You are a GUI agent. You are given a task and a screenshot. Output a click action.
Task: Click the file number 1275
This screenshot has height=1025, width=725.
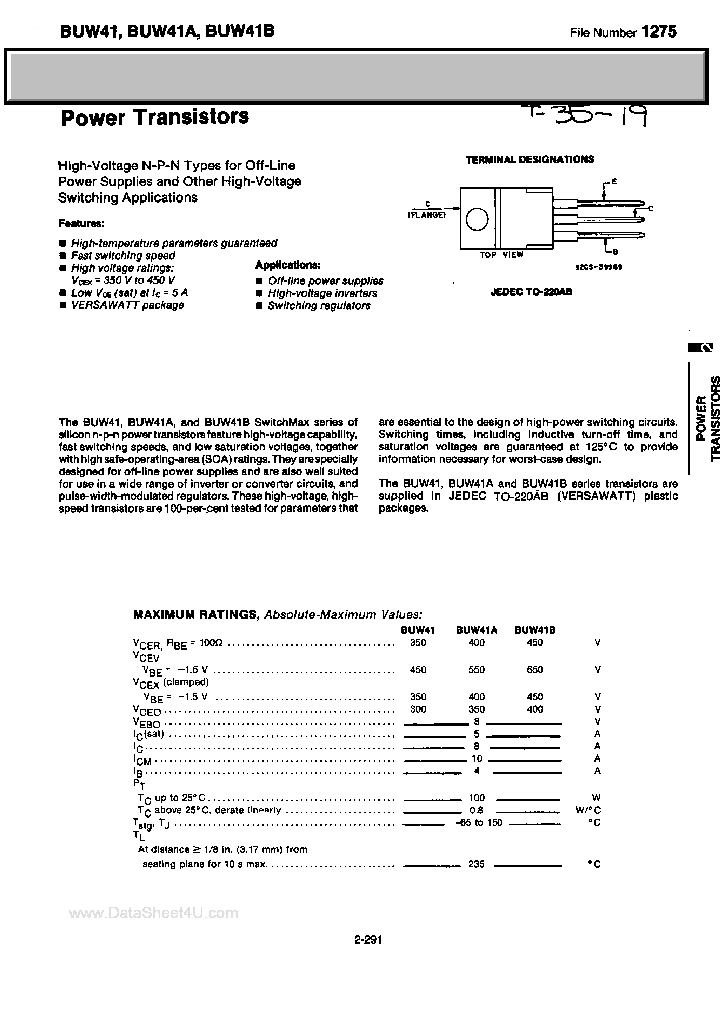(659, 32)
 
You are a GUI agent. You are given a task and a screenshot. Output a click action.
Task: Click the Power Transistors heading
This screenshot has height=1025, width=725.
(154, 117)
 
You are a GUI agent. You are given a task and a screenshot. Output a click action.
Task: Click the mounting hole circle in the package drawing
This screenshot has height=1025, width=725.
(477, 219)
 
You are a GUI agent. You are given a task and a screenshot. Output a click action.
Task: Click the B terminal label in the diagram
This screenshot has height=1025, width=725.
(615, 253)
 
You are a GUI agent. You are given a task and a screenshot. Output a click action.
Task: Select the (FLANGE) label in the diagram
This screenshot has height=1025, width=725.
(426, 215)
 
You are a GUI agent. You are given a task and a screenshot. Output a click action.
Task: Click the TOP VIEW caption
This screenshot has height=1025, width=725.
(501, 255)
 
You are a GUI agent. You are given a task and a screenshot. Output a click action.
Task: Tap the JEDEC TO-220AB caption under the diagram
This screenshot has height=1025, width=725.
(531, 292)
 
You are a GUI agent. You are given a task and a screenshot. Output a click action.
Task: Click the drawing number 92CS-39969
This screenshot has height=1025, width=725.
(598, 267)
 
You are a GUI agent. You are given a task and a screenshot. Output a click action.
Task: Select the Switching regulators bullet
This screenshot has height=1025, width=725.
(318, 306)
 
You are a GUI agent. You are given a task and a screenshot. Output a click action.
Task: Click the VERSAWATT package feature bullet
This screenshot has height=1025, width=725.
(127, 305)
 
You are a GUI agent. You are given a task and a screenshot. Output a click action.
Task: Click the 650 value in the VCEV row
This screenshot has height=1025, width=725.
(534, 670)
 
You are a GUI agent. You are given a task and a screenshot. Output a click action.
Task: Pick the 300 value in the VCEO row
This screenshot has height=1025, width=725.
(418, 709)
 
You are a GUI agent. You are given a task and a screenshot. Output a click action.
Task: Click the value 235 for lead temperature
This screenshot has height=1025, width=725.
(476, 864)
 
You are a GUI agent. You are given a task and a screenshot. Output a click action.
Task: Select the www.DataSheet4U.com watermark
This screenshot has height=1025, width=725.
(154, 913)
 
